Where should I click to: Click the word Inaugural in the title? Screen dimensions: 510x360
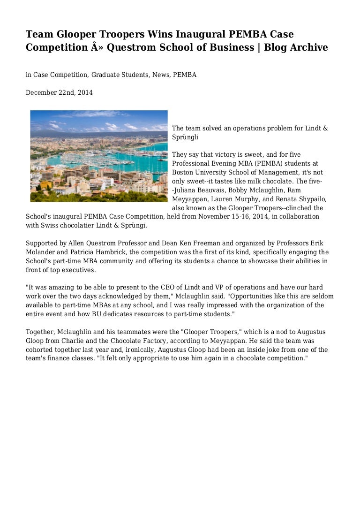[x=197, y=34]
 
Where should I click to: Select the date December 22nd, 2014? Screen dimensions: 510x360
[x=59, y=93]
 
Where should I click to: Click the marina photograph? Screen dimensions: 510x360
[x=99, y=156]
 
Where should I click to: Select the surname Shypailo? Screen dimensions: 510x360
[x=310, y=199]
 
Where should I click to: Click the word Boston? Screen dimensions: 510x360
[x=183, y=172]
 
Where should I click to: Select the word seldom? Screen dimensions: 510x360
[x=323, y=296]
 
